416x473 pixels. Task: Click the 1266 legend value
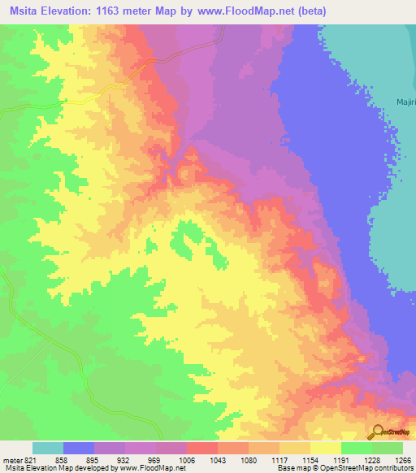(x=403, y=460)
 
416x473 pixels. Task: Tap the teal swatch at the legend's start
(x=48, y=448)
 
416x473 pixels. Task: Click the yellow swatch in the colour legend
(x=325, y=448)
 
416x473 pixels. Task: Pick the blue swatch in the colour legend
(x=79, y=448)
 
